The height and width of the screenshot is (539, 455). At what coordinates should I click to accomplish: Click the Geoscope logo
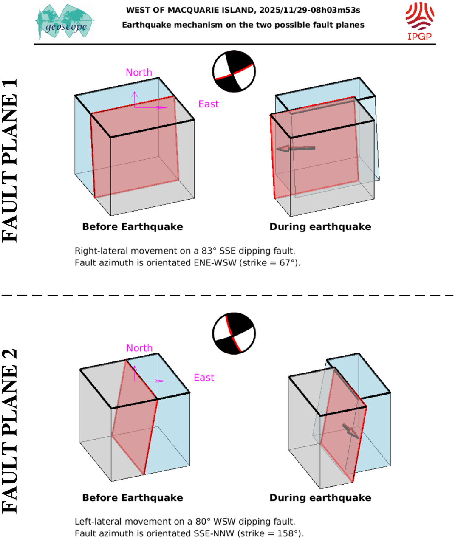65,23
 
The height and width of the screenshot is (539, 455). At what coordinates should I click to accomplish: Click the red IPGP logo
419,21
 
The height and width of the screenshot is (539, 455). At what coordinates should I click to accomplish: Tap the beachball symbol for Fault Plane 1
234,71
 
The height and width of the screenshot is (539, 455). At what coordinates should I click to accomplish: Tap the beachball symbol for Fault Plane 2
234,333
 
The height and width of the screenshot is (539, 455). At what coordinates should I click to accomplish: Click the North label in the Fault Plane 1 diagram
139,73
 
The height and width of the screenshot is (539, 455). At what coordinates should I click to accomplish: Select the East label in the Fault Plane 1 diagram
209,104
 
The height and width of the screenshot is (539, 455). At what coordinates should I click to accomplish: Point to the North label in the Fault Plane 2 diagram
139,348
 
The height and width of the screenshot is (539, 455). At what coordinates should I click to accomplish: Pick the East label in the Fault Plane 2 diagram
204,378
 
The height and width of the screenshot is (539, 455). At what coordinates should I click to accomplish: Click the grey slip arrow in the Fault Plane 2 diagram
351,431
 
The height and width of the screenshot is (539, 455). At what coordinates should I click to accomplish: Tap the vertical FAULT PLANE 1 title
10,160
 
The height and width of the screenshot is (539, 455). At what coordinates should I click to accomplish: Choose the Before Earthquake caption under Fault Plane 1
133,227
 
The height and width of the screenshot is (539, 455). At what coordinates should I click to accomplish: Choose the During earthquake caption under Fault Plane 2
320,498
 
